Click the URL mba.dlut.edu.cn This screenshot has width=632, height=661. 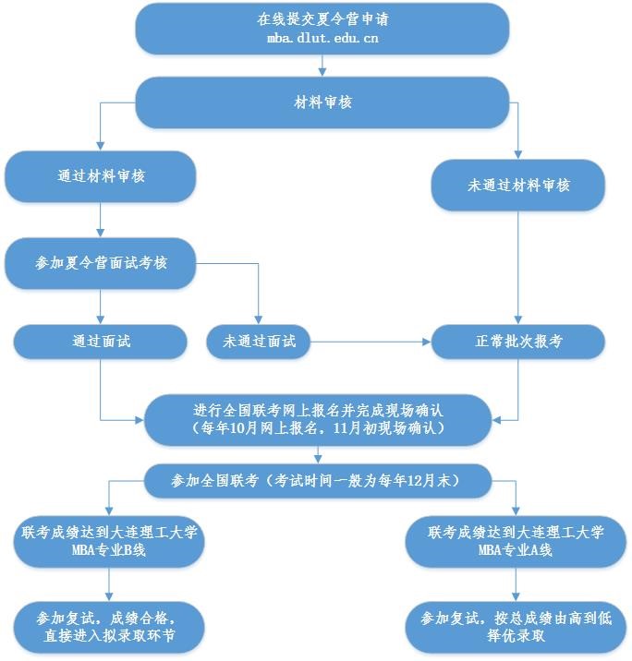coord(322,39)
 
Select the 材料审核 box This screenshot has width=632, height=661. coord(322,102)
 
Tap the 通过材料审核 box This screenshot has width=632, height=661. coord(101,176)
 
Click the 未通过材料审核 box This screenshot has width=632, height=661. coord(518,185)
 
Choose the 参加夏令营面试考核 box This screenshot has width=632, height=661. coord(102,263)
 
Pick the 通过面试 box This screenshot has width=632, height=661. coord(101,341)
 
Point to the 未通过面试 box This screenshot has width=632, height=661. coord(259,341)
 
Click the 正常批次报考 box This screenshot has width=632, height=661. coord(518,341)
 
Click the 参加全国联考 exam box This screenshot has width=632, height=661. coord(316,481)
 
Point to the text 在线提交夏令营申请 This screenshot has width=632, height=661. coord(322,19)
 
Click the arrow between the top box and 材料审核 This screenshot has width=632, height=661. coord(322,66)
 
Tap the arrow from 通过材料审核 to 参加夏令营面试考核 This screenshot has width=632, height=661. coord(101,222)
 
